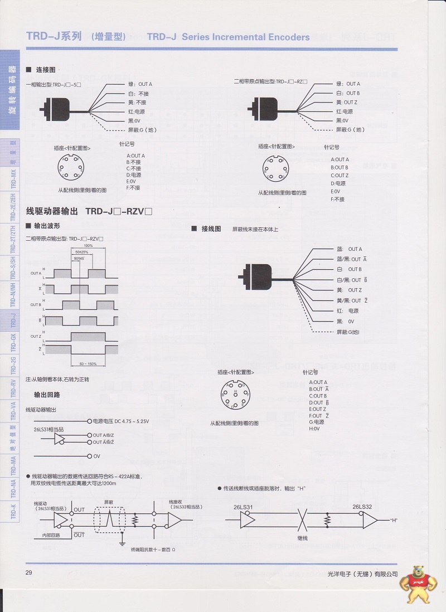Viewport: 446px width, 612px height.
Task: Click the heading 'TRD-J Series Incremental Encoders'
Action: [228, 37]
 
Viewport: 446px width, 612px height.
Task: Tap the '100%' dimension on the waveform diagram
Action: [88, 245]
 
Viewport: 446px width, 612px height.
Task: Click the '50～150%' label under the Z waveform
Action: [88, 363]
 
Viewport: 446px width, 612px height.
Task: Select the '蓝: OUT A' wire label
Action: [349, 249]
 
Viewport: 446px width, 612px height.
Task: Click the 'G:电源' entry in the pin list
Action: [317, 422]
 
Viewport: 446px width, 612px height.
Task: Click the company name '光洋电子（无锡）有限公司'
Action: [363, 574]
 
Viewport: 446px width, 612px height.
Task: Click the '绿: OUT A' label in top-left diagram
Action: [140, 84]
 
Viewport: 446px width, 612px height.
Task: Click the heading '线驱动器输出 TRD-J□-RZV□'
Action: [89, 212]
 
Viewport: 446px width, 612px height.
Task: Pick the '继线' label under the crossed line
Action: [303, 539]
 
